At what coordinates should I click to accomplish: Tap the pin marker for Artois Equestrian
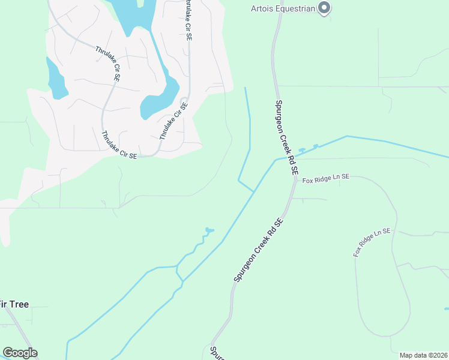(324, 8)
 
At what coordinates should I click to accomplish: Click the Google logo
(20, 353)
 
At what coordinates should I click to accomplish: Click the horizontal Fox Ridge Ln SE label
(325, 179)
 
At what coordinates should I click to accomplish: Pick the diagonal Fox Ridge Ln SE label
(372, 242)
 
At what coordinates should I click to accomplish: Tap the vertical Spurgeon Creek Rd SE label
(287, 137)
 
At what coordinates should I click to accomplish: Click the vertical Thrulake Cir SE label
(188, 20)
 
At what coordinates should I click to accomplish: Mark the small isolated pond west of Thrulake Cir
(56, 80)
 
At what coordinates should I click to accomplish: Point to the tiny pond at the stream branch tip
(209, 230)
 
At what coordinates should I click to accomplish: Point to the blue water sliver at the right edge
(447, 309)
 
